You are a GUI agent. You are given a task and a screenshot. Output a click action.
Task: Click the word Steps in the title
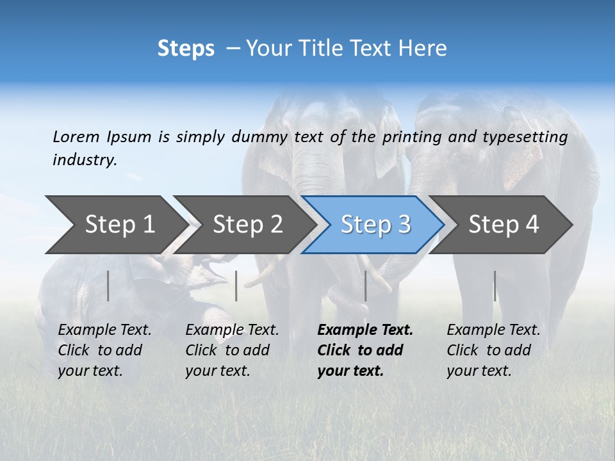click(x=186, y=49)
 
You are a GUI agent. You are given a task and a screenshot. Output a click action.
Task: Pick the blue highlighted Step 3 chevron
click(x=375, y=225)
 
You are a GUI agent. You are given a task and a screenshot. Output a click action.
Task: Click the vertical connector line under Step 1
click(x=108, y=286)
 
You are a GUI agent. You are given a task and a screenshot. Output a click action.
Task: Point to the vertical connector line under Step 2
click(x=236, y=286)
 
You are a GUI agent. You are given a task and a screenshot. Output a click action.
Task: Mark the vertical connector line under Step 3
click(x=366, y=286)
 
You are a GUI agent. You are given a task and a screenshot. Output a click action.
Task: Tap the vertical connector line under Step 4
click(x=495, y=286)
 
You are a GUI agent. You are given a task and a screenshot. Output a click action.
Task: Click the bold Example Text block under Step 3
click(x=365, y=350)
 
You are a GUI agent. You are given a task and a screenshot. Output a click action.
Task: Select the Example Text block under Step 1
click(x=104, y=350)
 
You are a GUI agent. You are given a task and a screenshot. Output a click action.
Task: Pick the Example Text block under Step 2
click(x=232, y=350)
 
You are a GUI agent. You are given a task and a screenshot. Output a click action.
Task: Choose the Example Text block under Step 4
click(x=493, y=350)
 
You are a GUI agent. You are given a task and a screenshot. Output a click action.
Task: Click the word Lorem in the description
click(x=76, y=136)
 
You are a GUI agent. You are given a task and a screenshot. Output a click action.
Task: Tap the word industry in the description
click(x=85, y=159)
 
